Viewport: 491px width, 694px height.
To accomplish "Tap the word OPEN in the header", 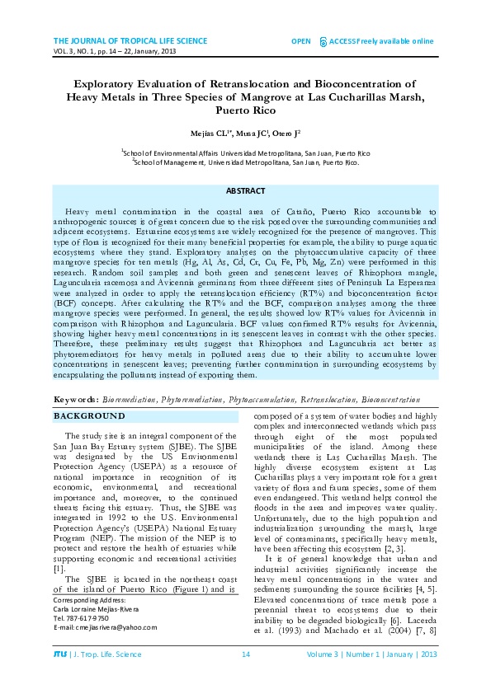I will [x=301, y=40].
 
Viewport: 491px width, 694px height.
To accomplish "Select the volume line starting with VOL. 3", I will [x=116, y=51].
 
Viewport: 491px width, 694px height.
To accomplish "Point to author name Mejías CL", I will [x=216, y=134].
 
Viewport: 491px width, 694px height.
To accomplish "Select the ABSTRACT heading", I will [x=245, y=191].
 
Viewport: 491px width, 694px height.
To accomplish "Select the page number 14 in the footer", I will [x=245, y=678].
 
